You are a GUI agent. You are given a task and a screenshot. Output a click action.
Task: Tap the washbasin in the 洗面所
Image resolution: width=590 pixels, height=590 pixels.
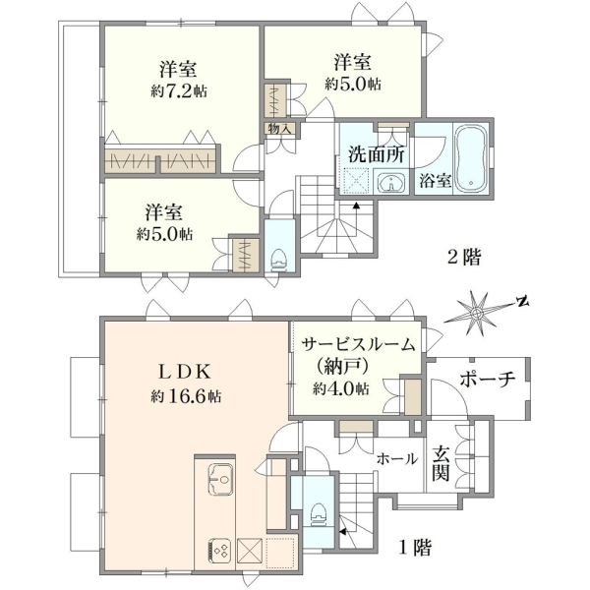pyautogui.click(x=391, y=184)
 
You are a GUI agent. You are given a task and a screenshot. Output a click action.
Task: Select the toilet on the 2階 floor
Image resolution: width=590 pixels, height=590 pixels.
pyautogui.click(x=279, y=260)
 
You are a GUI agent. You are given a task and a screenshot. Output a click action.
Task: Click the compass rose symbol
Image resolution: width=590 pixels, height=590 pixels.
pyautogui.click(x=477, y=313)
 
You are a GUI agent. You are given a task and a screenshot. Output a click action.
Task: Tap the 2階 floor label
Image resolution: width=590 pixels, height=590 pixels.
pyautogui.click(x=464, y=258)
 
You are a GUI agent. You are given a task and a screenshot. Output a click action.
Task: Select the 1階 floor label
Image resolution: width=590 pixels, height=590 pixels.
pyautogui.click(x=415, y=548)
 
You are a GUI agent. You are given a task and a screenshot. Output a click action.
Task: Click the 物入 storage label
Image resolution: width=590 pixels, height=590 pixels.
pyautogui.click(x=279, y=130)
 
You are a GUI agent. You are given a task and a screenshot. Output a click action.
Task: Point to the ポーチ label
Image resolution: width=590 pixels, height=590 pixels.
pyautogui.click(x=487, y=380)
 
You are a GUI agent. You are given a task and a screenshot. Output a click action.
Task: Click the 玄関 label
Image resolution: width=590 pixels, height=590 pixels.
pyautogui.click(x=441, y=463)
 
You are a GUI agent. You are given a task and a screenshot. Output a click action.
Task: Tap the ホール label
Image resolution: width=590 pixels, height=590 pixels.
pyautogui.click(x=397, y=458)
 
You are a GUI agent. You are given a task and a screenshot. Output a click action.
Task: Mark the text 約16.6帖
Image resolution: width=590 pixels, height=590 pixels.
pyautogui.click(x=186, y=396)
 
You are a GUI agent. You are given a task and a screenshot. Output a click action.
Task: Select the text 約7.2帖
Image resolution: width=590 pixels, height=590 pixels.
pyautogui.click(x=179, y=90)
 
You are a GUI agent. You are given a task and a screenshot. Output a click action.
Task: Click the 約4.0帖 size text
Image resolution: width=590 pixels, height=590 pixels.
pyautogui.click(x=340, y=388)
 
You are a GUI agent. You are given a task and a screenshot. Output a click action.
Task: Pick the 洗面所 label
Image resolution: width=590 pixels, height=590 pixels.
pyautogui.click(x=377, y=154)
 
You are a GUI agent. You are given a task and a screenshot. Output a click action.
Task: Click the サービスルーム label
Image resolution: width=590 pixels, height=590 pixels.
pyautogui.click(x=359, y=345)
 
